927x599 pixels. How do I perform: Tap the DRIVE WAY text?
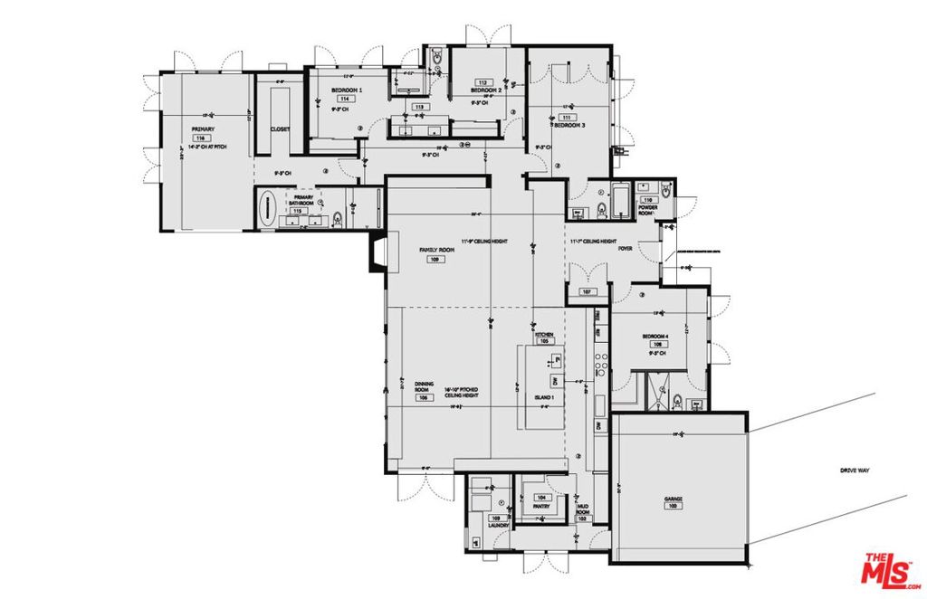pyautogui.click(x=855, y=471)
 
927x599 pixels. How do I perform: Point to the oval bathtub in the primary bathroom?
pyautogui.click(x=267, y=209)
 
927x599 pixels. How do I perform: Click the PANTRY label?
pyautogui.click(x=541, y=507)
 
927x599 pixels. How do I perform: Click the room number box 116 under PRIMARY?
pyautogui.click(x=201, y=138)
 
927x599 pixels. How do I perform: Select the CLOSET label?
pyautogui.click(x=281, y=129)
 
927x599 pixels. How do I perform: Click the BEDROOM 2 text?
pyautogui.click(x=485, y=90)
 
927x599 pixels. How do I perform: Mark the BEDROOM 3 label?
pyautogui.click(x=568, y=125)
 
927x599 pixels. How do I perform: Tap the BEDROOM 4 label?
pyautogui.click(x=655, y=336)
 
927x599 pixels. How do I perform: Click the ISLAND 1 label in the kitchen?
pyautogui.click(x=543, y=397)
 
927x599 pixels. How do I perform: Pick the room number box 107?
pyautogui.click(x=587, y=292)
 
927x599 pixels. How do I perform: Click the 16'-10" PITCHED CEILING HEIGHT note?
pyautogui.click(x=461, y=392)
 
